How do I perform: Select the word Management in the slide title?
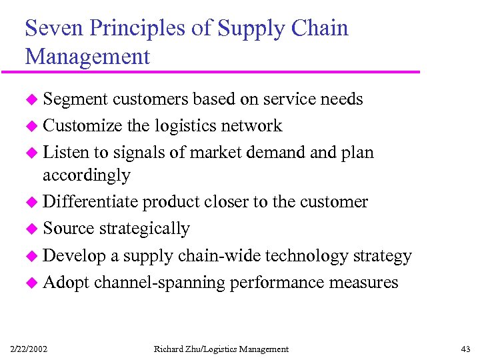point(87,57)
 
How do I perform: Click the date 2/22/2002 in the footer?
point(29,349)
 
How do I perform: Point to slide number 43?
point(465,349)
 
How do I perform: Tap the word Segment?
point(75,99)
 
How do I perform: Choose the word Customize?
point(82,125)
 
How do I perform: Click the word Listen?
point(65,152)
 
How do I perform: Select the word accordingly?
point(86,175)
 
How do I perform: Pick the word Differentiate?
point(91,202)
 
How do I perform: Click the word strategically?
point(144,229)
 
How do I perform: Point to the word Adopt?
point(66,283)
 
